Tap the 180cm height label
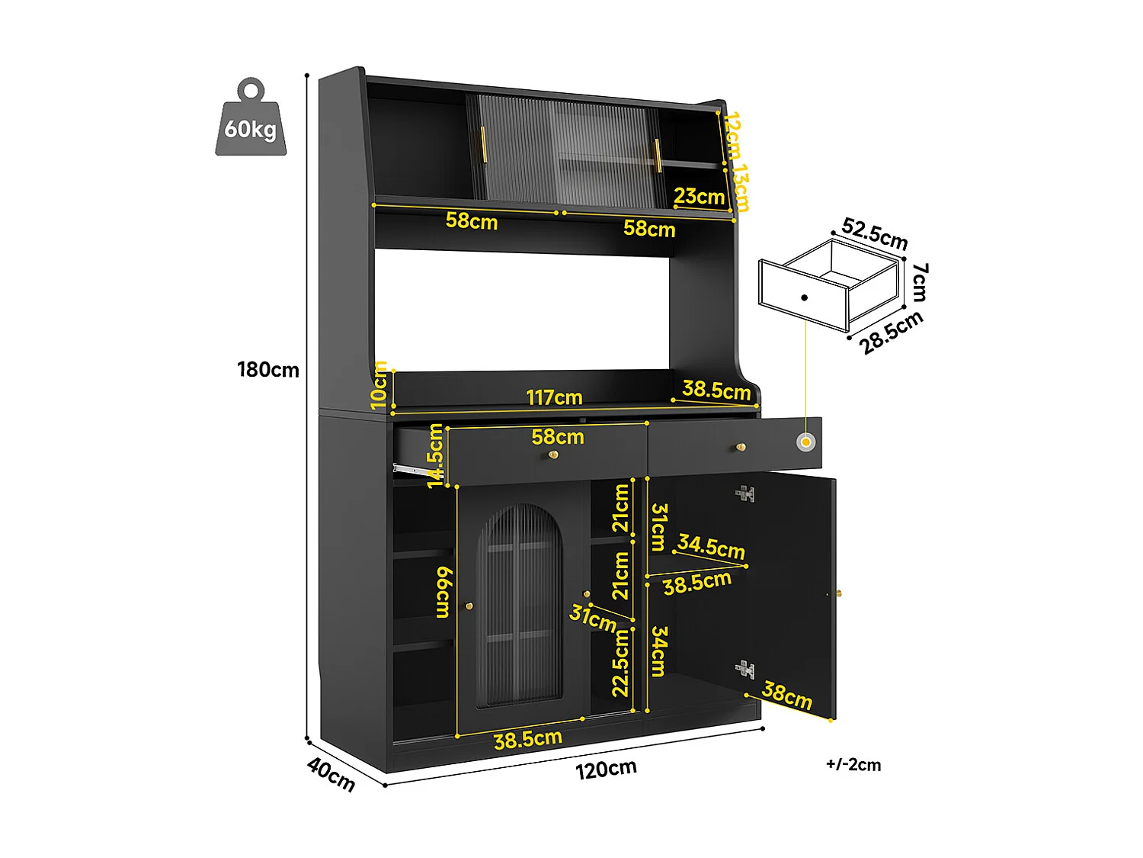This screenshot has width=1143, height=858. pos(267,370)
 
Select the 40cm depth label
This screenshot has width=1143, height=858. pos(331,774)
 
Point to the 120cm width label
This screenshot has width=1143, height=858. pos(606,769)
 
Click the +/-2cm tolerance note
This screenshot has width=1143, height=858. pos(853,765)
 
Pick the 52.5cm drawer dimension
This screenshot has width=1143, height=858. pos(875,233)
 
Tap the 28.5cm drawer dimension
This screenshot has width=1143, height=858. pos(891,333)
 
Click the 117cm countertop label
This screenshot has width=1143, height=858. pos(554,397)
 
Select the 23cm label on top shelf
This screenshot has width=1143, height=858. pos(699,197)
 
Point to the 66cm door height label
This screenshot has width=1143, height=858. pos(443,593)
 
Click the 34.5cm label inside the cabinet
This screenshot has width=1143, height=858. pos(711,547)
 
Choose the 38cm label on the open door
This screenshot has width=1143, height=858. pos(787,695)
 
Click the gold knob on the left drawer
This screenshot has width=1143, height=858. pos(554,455)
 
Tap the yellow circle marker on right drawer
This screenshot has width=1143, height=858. pos(805,442)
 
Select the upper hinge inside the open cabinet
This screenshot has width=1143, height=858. pos(744,494)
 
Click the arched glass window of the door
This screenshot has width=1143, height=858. pos(520,603)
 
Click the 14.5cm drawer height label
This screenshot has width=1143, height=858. pos(435,455)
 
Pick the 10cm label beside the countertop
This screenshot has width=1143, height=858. pos(380,385)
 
